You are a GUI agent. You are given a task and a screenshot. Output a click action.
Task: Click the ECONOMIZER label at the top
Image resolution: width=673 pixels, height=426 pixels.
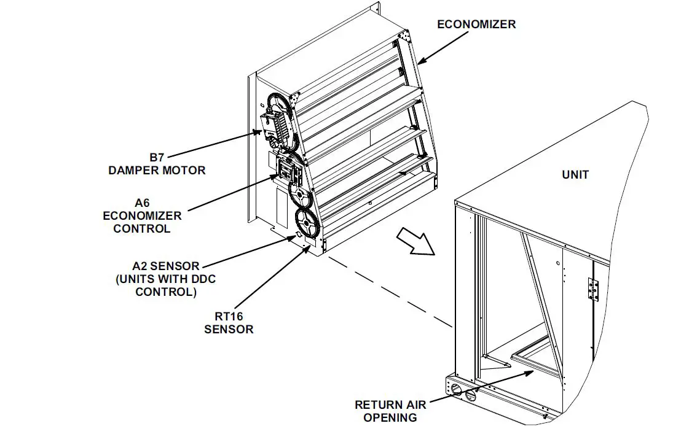(x=476, y=25)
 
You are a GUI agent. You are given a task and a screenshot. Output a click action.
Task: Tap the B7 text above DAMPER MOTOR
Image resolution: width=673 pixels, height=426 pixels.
(x=157, y=157)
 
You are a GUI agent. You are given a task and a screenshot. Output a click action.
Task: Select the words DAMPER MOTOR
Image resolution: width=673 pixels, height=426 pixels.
(x=157, y=170)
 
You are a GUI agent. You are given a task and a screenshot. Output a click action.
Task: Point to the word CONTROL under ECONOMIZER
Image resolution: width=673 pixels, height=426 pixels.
(x=143, y=229)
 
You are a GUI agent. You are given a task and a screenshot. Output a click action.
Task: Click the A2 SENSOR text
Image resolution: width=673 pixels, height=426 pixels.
(x=166, y=266)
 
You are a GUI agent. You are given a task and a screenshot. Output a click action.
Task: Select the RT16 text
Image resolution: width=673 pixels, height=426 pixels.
(x=228, y=316)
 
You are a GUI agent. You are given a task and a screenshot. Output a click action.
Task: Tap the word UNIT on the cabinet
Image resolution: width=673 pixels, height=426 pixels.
(x=575, y=175)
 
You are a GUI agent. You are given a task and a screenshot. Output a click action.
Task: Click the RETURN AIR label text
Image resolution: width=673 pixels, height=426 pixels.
(x=390, y=405)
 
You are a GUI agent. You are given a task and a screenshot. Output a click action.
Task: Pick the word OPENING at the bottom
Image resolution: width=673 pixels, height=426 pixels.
(x=390, y=417)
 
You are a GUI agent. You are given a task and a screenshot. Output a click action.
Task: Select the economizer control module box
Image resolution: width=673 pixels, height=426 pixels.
(x=288, y=169)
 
